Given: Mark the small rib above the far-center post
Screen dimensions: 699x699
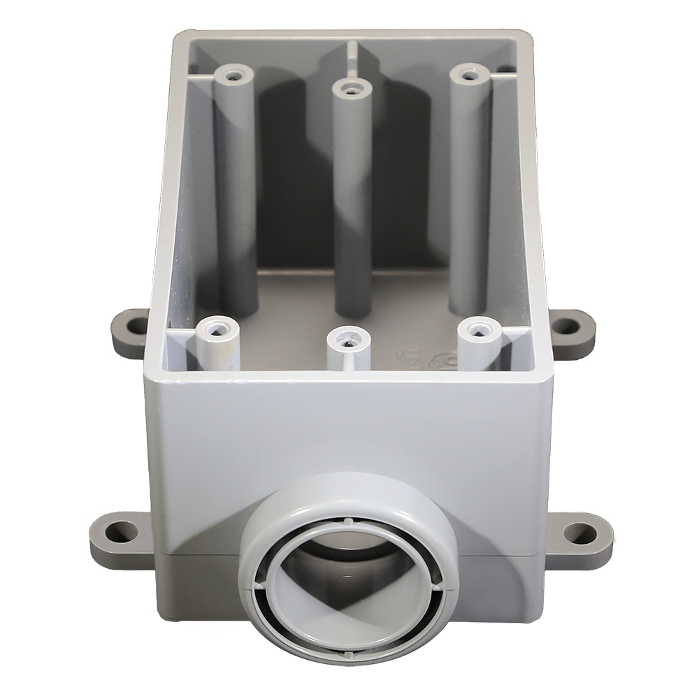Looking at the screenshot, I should tap(349, 56).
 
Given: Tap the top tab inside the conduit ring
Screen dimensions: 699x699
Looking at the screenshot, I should tap(347, 521).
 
